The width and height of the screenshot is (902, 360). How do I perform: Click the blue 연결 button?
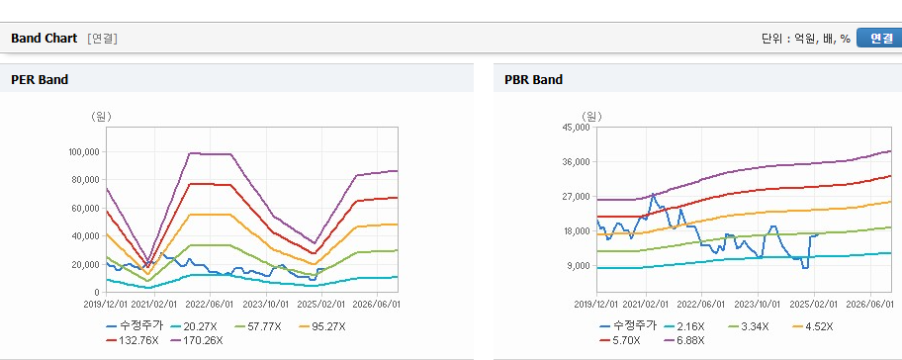click(879, 38)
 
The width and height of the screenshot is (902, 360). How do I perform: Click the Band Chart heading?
click(44, 38)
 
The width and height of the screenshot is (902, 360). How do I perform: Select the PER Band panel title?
click(40, 80)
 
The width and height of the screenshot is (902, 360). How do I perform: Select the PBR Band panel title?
click(533, 80)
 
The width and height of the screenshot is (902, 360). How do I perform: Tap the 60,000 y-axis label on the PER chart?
click(86, 208)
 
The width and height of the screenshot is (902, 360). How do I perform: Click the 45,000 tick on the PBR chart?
click(577, 128)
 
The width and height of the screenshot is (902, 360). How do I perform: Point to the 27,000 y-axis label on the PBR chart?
click(577, 197)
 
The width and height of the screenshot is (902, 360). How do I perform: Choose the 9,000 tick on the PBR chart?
click(580, 266)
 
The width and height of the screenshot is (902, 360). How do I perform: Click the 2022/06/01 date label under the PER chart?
click(210, 303)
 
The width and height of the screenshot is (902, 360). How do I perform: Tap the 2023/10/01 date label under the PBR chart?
click(758, 303)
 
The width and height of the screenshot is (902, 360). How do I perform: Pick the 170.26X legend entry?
click(197, 340)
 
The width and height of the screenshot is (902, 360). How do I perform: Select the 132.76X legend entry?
click(132, 340)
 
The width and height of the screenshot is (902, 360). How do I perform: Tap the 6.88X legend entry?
click(684, 340)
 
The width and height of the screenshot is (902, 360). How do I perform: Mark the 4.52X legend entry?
click(813, 326)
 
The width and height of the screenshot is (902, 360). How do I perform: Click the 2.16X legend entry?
click(684, 326)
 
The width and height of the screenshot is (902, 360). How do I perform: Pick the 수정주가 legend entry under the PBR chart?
click(628, 326)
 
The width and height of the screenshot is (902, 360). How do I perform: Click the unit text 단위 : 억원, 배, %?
click(805, 39)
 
